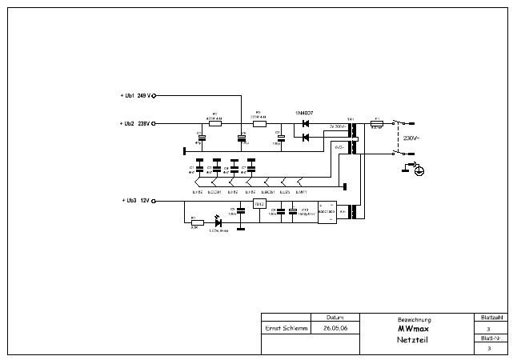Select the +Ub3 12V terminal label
tap(134, 200)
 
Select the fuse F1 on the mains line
tap(377, 124)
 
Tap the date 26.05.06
tap(335, 328)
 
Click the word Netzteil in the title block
tap(414, 340)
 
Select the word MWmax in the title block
tap(414, 328)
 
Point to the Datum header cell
tap(335, 317)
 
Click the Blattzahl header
tap(489, 317)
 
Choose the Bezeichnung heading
tap(414, 318)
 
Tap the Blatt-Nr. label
tap(489, 338)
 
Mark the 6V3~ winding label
tap(339, 148)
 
